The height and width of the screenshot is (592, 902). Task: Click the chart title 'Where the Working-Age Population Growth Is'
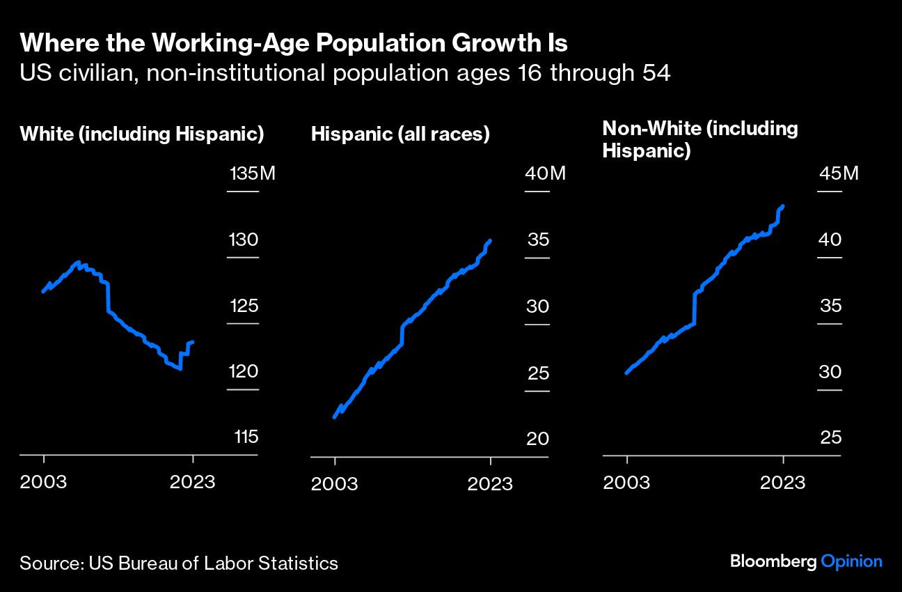coord(294,44)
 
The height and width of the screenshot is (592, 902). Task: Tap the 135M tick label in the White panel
coord(252,173)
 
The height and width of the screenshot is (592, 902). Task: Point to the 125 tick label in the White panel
coord(243,306)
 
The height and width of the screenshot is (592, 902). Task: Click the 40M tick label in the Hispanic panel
coord(546,173)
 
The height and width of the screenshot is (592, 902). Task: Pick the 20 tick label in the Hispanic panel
coord(537,439)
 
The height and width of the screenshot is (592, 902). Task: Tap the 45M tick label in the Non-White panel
coord(839,173)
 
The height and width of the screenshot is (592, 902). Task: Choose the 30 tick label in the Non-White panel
coord(830,372)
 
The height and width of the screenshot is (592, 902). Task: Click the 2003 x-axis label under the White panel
coord(43,482)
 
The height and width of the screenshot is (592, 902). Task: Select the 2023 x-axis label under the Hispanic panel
coord(490,483)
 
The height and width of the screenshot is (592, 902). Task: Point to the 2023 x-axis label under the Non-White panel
coord(782,482)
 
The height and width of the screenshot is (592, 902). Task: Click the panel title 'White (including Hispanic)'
coord(142,134)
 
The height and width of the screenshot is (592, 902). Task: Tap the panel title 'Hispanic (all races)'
coord(400,134)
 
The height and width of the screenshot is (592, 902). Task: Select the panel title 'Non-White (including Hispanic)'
coord(699,139)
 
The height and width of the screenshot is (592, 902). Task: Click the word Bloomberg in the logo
coord(773,561)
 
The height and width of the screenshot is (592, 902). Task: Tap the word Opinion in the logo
coord(852,562)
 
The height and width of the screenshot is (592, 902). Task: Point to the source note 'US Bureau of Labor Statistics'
coord(213,563)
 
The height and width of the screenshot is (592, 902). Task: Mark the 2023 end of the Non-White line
coord(784,206)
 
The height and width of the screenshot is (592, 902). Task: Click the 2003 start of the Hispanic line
coord(335,417)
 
